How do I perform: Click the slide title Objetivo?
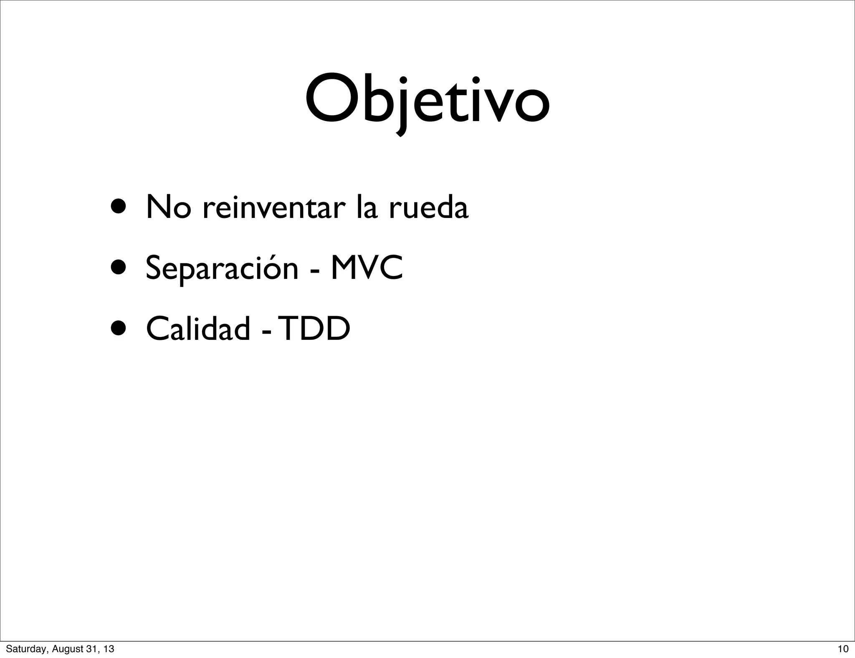pos(427,100)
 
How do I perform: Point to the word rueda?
pos(428,207)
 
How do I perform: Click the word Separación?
pos(222,268)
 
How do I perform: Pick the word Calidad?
pos(198,329)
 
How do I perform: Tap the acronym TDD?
pos(314,329)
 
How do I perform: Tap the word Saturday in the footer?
pos(23,649)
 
